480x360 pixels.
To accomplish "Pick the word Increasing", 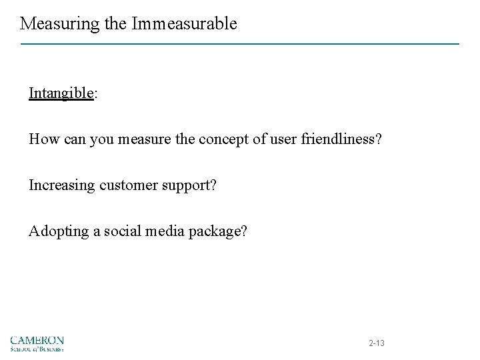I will coord(63,185).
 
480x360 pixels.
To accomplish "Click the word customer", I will coord(133,185).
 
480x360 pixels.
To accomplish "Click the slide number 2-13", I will coord(377,343).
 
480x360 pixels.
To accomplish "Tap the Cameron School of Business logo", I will coord(37,343).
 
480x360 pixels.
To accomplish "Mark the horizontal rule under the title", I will coord(240,44).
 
